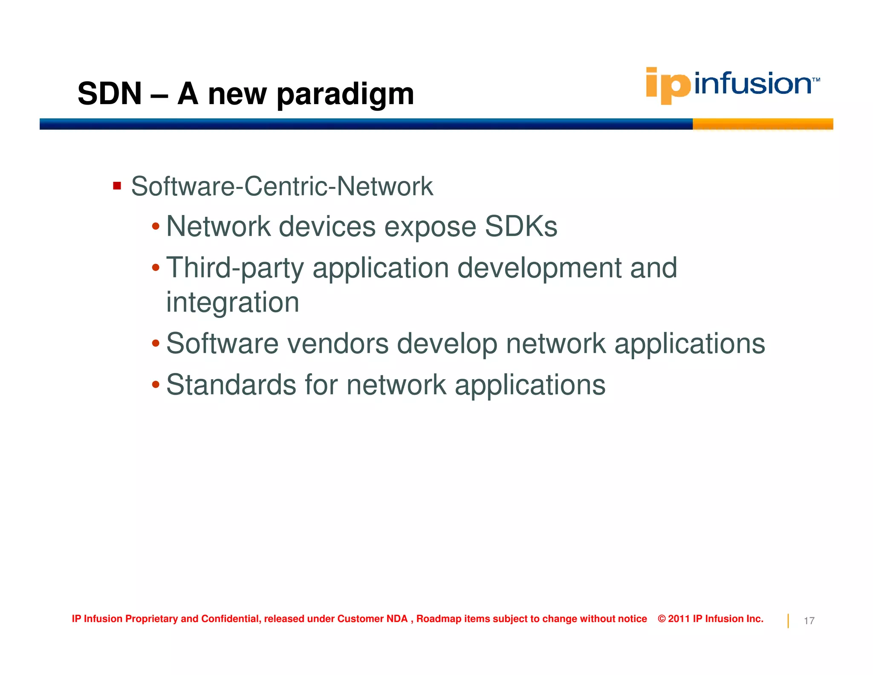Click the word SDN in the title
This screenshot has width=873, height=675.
point(110,93)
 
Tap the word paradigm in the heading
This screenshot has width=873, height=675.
point(345,95)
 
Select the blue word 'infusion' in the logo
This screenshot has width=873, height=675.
point(752,84)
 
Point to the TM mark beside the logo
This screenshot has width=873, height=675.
point(816,80)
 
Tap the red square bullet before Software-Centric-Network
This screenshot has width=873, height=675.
point(117,186)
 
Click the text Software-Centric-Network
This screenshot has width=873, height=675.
point(282,186)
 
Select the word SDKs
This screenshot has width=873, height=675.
point(521,226)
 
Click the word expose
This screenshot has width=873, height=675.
point(430,227)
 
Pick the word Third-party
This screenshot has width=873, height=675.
point(235,268)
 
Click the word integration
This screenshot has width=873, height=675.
point(232,302)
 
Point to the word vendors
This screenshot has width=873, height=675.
point(338,343)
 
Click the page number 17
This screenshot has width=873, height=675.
point(809,621)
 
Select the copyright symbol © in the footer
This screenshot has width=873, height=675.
point(662,619)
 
